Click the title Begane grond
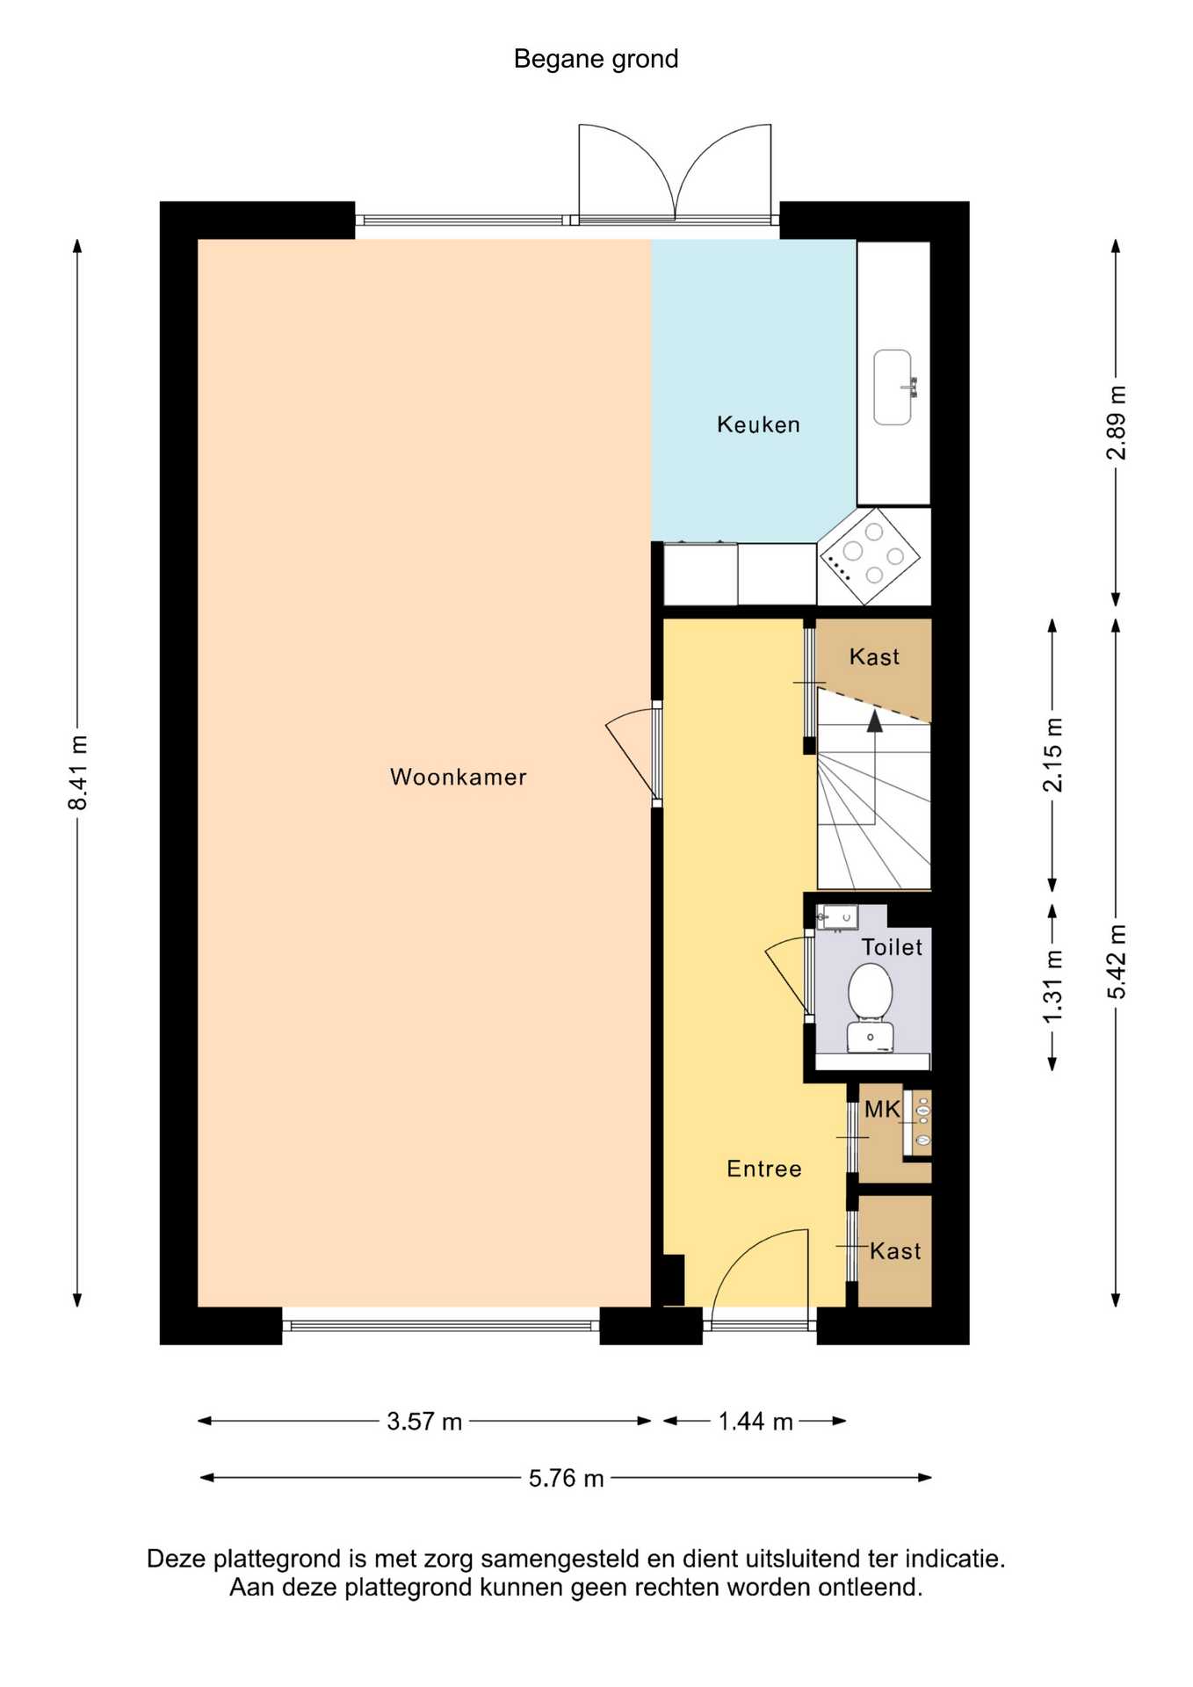(596, 60)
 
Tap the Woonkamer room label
(459, 777)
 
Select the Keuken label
(758, 424)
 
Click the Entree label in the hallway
(764, 1169)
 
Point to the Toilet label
(892, 947)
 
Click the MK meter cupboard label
(882, 1110)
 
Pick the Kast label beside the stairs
(874, 657)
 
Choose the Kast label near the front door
(895, 1251)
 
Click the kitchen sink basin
(893, 387)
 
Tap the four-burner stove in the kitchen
(870, 555)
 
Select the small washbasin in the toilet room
(837, 917)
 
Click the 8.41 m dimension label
(78, 772)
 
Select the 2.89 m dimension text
(1116, 423)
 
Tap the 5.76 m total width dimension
(567, 1479)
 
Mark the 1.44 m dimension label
(756, 1422)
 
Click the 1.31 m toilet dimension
(1052, 987)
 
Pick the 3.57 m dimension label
(424, 1422)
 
